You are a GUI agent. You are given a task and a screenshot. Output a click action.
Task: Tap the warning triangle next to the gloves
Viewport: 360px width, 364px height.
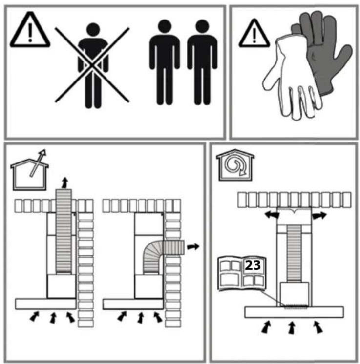[254, 34]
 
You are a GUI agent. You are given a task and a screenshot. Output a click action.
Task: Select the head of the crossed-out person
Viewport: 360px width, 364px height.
[93, 30]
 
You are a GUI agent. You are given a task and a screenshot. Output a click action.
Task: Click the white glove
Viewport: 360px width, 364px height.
[292, 79]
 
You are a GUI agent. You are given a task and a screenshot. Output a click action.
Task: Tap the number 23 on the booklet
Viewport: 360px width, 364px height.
[253, 265]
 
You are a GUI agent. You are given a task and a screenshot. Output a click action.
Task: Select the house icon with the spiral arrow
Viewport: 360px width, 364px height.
[235, 165]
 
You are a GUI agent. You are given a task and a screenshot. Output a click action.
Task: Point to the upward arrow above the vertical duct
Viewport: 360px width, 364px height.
[65, 182]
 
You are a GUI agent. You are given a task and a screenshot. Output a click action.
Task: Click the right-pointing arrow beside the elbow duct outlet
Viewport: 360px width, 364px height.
[193, 246]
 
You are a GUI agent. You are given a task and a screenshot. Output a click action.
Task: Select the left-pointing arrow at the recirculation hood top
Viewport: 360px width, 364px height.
[272, 215]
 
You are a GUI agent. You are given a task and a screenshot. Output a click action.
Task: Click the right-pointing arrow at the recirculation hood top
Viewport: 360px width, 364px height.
[319, 216]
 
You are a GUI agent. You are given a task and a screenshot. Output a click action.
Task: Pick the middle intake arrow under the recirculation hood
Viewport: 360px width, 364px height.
[292, 328]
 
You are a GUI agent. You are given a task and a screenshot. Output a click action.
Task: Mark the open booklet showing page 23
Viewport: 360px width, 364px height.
[242, 273]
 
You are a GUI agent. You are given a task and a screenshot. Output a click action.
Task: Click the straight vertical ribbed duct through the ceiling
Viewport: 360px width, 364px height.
[64, 231]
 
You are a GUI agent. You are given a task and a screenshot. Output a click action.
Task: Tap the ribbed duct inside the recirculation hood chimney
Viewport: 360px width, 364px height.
[294, 254]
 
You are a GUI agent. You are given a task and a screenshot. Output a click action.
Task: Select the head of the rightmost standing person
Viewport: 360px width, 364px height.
[202, 26]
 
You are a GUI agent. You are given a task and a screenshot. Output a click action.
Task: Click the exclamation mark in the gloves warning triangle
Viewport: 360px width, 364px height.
[254, 35]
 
